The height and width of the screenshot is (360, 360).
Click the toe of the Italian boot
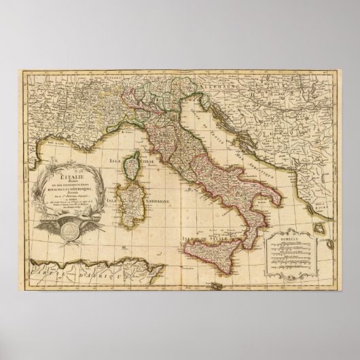[x=238, y=238]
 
